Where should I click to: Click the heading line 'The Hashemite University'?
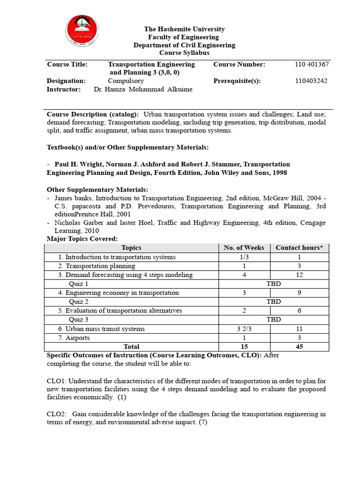[184, 29]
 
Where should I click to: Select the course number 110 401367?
[312, 64]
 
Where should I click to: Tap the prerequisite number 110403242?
[311, 81]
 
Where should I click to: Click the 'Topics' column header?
[131, 247]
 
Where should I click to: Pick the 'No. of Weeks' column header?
[244, 247]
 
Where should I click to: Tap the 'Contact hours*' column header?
[299, 247]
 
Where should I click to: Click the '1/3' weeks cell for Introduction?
[244, 257]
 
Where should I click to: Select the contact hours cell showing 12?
[299, 275]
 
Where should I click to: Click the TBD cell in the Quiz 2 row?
[274, 301]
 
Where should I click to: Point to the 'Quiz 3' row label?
[79, 320]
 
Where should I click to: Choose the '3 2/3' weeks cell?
[244, 329]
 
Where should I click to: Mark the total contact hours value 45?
[299, 346]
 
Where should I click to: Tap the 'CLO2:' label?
[57, 414]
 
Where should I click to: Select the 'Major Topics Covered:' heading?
[82, 239]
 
